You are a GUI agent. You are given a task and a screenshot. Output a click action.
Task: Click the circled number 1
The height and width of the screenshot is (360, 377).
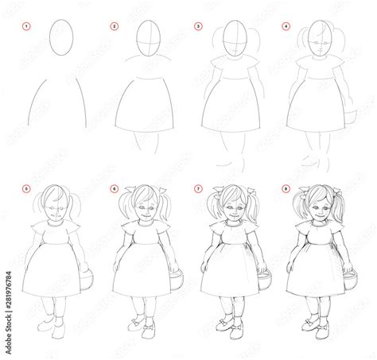[27, 26]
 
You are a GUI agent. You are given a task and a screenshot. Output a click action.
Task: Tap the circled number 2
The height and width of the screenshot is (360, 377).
[114, 26]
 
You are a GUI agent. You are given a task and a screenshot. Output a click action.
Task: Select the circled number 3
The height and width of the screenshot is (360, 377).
[198, 26]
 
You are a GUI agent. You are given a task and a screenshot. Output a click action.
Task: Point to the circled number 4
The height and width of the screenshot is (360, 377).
[285, 26]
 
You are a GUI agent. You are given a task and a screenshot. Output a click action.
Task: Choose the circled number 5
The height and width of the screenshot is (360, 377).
[27, 189]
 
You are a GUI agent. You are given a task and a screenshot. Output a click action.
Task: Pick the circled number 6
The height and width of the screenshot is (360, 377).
[114, 189]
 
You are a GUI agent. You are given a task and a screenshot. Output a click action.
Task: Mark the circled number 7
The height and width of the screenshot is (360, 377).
[198, 189]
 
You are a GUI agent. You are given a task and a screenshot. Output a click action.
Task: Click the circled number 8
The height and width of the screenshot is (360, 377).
[285, 189]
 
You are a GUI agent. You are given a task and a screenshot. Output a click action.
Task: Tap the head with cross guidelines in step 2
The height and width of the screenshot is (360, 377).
[146, 40]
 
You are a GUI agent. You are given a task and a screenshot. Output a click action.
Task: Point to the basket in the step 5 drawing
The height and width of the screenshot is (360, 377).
[87, 280]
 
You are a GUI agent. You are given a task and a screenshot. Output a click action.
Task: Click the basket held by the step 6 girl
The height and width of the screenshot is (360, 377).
[176, 280]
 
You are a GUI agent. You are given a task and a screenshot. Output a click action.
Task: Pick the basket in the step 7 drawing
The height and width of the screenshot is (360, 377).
[262, 280]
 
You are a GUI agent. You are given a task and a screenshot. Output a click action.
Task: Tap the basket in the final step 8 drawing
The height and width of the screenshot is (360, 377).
[348, 280]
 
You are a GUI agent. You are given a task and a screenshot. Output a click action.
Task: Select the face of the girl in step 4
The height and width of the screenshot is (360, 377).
[317, 44]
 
